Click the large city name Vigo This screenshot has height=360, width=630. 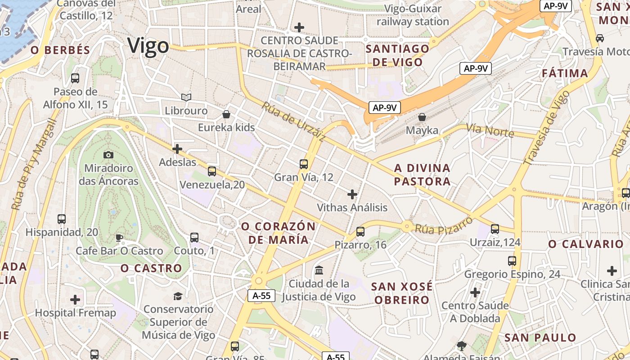(148, 46)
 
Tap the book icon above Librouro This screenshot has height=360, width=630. (186, 97)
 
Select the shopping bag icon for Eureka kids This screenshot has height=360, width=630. (226, 114)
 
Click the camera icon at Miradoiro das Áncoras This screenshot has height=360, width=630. (108, 155)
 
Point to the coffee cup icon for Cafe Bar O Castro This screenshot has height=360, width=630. (119, 238)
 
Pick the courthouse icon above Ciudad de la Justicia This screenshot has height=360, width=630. (319, 270)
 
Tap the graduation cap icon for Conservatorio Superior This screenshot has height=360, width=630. (178, 296)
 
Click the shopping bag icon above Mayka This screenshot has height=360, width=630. (422, 117)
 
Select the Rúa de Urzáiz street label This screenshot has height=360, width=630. (293, 122)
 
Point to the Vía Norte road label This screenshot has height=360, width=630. (490, 130)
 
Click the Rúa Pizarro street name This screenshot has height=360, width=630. (444, 225)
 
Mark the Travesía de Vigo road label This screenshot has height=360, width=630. (547, 127)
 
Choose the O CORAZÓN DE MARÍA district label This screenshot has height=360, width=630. (279, 233)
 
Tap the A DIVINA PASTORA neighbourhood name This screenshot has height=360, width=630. (422, 175)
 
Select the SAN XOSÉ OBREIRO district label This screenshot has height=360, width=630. (402, 293)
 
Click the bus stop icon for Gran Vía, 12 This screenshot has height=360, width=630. (304, 164)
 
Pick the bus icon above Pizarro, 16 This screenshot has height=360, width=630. (360, 232)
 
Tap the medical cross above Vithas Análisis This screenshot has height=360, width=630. (352, 194)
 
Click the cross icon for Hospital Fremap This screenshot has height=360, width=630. (75, 300)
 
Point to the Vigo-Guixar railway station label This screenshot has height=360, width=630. (413, 15)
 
